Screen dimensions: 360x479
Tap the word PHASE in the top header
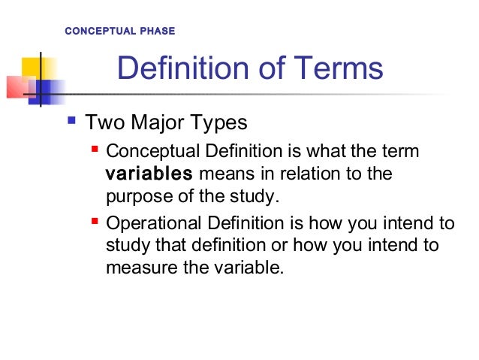coord(157,32)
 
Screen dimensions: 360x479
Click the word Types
coord(219,122)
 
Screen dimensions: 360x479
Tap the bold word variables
coord(149,175)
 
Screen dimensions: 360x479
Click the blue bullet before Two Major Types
coord(72,120)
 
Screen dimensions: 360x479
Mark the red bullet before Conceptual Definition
coord(95,151)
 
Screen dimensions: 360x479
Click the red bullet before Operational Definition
coord(95,222)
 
